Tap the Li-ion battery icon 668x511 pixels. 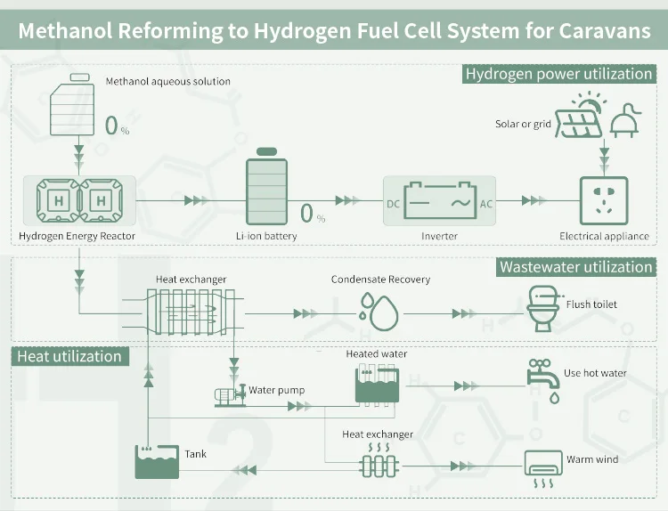[x=267, y=192]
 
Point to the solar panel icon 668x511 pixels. [x=577, y=119]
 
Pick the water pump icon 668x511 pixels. [x=229, y=395]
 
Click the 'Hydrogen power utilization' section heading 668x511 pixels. [x=559, y=74]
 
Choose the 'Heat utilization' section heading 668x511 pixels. [x=69, y=356]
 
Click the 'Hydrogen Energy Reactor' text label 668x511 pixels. [x=77, y=237]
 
